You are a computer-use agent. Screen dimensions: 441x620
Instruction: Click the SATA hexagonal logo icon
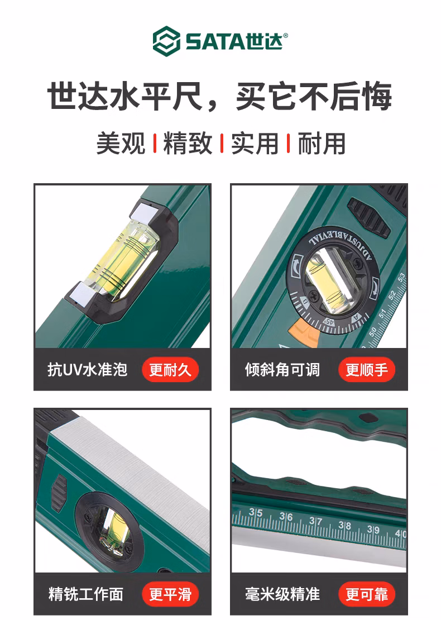tap(166, 41)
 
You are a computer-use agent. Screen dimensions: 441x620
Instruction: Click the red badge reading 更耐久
tap(170, 370)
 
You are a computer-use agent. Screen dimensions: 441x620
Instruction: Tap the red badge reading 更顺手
tap(367, 370)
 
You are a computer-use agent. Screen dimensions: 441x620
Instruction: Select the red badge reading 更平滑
tap(170, 594)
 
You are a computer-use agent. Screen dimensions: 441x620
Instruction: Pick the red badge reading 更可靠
tap(367, 594)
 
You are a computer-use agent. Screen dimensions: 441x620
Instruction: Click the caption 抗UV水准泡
tap(87, 370)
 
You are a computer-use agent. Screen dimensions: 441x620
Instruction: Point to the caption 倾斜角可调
tap(282, 370)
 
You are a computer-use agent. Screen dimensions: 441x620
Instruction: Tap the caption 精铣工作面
tap(86, 594)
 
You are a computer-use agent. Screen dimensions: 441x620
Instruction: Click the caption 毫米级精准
tap(282, 594)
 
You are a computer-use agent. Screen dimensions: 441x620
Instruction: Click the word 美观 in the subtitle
tap(121, 143)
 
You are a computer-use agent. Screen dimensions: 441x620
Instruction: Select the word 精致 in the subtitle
tap(188, 143)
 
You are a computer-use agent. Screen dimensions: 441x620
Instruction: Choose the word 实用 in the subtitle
tap(255, 143)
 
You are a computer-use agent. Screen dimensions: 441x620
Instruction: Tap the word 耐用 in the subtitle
tap(322, 143)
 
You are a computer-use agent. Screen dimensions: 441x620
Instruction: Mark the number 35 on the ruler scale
tap(256, 512)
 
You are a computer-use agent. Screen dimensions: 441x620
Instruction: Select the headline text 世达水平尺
tap(125, 97)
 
